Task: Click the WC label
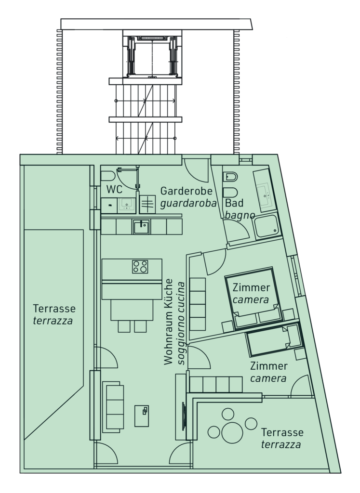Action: (x=114, y=190)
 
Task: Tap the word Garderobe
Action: (x=187, y=191)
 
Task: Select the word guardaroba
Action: (x=188, y=204)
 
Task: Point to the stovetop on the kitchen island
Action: (x=140, y=267)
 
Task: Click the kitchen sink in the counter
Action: (x=141, y=227)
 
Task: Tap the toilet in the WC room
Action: (x=107, y=176)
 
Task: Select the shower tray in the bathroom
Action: (x=267, y=226)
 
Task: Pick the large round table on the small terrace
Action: (x=232, y=433)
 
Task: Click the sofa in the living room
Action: (x=113, y=407)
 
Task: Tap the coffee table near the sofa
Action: (x=142, y=416)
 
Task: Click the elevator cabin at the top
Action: (x=152, y=56)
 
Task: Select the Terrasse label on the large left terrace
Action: (x=54, y=309)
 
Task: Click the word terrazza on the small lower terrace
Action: (x=280, y=444)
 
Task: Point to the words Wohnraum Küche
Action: (x=169, y=322)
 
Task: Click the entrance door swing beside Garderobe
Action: (x=196, y=170)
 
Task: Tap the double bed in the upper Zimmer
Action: (x=254, y=297)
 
